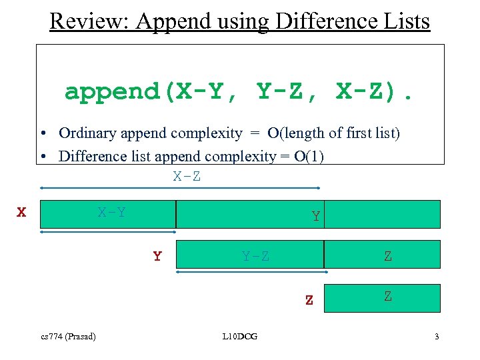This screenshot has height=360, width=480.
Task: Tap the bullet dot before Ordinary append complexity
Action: point(43,133)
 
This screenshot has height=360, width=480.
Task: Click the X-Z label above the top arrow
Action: point(187,177)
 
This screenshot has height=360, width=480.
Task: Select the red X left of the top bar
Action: point(22,213)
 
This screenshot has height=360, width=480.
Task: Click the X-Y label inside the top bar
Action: point(112,213)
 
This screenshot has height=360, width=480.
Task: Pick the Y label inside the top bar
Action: point(315,217)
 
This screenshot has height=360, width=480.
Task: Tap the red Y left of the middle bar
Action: point(157,257)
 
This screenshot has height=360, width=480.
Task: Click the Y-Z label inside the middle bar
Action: point(256,257)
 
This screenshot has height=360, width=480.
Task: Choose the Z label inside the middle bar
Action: point(388,257)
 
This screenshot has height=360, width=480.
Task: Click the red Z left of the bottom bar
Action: point(309,301)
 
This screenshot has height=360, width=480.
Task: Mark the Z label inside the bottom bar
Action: point(388,297)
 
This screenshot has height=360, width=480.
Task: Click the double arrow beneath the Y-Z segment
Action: point(251,272)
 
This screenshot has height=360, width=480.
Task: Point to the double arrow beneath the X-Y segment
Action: point(108,232)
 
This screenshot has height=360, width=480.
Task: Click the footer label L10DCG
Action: point(240,336)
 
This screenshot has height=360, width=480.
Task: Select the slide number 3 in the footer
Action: point(437,336)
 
